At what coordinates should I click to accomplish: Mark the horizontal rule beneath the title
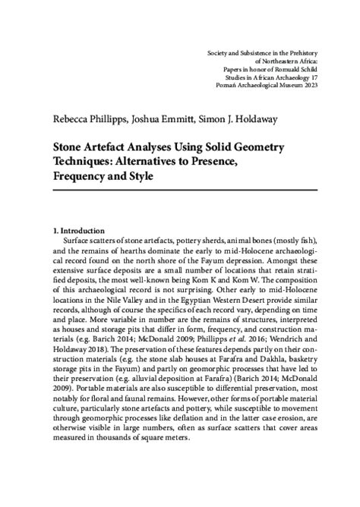click(x=182, y=191)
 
